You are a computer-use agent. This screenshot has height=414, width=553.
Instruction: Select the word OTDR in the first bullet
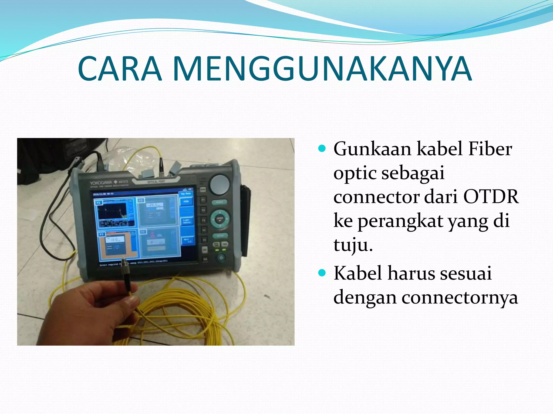tap(491, 196)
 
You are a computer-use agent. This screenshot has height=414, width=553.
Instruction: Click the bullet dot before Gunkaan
tap(322, 149)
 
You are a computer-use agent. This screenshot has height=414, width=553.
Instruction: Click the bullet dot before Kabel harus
tap(322, 273)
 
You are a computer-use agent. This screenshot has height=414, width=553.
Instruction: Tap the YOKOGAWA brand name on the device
tap(101, 183)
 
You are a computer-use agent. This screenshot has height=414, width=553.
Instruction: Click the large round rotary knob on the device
tap(220, 185)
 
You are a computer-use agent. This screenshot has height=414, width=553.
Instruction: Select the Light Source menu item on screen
tap(187, 221)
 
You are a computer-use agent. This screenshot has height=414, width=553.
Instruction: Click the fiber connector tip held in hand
tap(125, 263)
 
